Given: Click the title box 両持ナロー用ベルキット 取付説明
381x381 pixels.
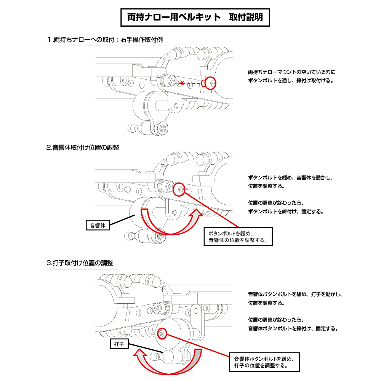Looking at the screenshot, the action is [195, 18].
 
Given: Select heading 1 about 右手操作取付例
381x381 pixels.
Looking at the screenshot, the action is [105, 40].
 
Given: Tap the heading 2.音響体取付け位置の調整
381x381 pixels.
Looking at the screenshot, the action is [83, 147].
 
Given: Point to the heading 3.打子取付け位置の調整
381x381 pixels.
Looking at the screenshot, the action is [80, 263].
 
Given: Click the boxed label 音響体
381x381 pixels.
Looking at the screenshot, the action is [98, 225].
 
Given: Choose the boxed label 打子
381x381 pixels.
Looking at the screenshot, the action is [119, 344].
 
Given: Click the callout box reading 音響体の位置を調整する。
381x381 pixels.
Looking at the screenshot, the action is [238, 237].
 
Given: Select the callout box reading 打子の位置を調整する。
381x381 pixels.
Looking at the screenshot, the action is [264, 362].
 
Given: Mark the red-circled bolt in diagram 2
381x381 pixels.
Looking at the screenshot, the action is [179, 189].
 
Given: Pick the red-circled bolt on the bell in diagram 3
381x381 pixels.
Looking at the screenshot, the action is [162, 333].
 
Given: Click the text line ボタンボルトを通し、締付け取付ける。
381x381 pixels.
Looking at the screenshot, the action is [291, 80].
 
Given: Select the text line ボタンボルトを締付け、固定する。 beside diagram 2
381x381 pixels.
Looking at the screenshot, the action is [286, 211].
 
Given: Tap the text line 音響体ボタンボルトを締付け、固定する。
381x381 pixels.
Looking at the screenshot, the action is [293, 328].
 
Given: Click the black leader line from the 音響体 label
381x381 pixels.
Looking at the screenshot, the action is [122, 219].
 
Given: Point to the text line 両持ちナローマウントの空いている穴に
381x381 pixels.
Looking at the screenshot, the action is [291, 72].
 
